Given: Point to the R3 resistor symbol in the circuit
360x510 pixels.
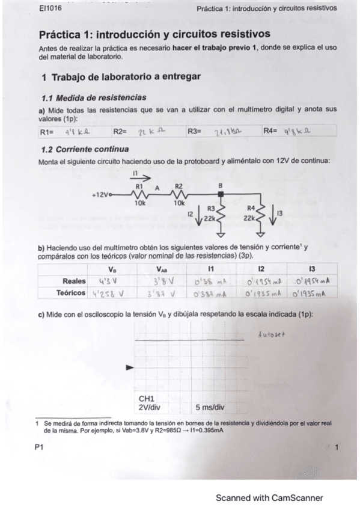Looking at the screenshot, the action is tap(220, 212).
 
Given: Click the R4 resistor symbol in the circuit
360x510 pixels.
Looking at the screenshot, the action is tap(260, 212).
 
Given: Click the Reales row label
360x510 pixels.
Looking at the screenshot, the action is tap(74, 280).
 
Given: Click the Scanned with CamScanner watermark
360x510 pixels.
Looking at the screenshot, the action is tap(269, 497).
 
